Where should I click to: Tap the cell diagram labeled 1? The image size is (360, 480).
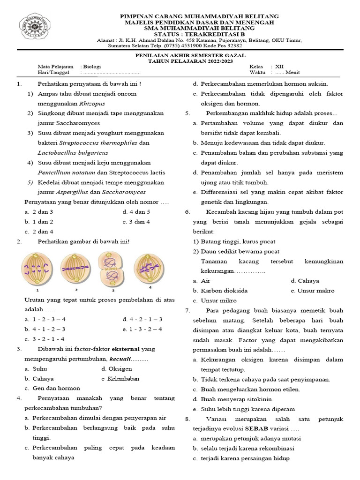coord(34,269)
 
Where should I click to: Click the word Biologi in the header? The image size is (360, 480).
coord(92,67)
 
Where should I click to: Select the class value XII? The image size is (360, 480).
coord(280,67)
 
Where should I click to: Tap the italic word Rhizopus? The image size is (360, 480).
coord(92,103)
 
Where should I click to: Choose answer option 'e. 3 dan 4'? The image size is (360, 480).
coord(136,221)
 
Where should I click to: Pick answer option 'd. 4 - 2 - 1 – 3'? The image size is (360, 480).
coord(142,319)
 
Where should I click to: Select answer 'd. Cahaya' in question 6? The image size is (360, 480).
coord(305,281)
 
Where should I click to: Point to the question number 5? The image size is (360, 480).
coord(187,113)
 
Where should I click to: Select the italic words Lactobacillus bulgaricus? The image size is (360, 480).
coord(73,152)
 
